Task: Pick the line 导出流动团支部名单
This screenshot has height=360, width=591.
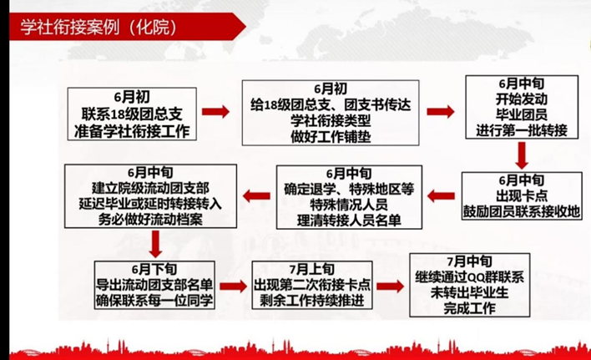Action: pyautogui.click(x=154, y=285)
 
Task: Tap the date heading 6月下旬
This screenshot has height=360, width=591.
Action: pyautogui.click(x=154, y=269)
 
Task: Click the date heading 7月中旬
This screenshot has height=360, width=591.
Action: pyautogui.click(x=467, y=262)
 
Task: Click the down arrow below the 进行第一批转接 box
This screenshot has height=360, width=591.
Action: pyautogui.click(x=522, y=156)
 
